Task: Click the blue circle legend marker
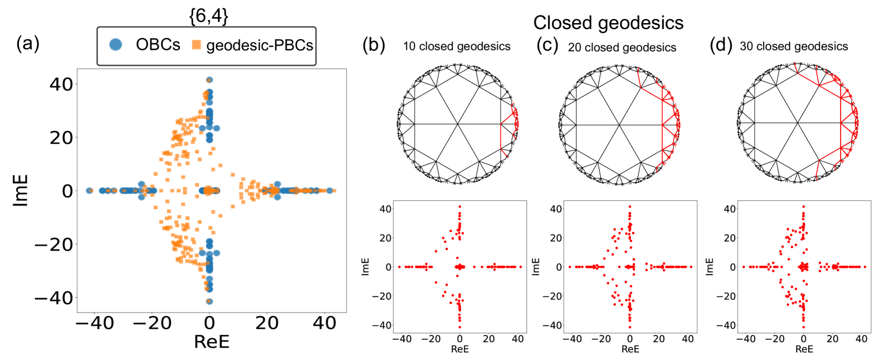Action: [115, 44]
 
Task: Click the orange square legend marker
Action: [197, 44]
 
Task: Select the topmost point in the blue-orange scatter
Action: [209, 80]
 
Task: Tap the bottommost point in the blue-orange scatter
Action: [209, 301]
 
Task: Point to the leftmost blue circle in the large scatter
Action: [89, 191]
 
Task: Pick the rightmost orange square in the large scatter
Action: [334, 191]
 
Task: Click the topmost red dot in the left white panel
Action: [459, 206]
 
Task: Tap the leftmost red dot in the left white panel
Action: [399, 266]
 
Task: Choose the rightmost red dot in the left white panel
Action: [520, 266]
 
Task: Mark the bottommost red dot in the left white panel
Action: [459, 327]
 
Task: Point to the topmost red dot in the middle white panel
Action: [629, 206]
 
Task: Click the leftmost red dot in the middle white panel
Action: [569, 266]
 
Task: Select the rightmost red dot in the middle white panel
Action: [691, 266]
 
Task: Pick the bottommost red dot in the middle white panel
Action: [629, 327]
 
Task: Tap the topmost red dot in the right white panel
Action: [803, 206]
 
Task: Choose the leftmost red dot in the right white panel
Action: [744, 266]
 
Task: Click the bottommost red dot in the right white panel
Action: [803, 327]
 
